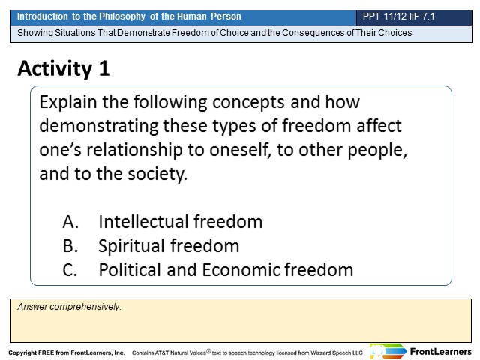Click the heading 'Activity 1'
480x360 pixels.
click(x=64, y=68)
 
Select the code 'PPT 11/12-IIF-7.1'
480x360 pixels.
click(x=398, y=16)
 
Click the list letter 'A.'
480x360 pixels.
click(x=70, y=222)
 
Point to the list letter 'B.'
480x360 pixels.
click(x=70, y=246)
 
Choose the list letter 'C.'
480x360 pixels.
click(x=70, y=270)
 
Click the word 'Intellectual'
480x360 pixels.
click(x=143, y=222)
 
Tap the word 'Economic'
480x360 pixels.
click(x=241, y=270)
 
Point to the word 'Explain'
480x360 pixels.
click(x=68, y=103)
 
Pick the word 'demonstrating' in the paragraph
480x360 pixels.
click(x=99, y=127)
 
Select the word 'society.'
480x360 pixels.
click(x=157, y=175)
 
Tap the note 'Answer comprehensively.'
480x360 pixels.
click(x=69, y=307)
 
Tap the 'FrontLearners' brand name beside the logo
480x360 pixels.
click(x=440, y=352)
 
